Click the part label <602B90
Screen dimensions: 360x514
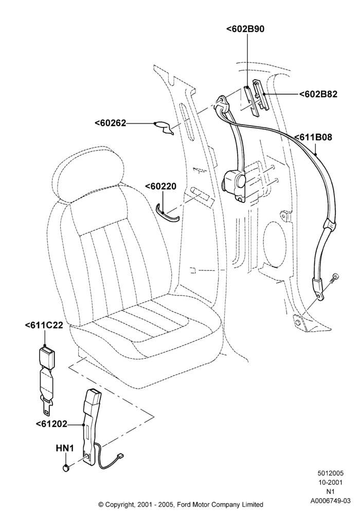[245, 29]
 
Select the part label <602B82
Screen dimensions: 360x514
[318, 94]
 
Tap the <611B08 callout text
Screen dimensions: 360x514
[313, 137]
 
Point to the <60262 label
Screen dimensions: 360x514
[111, 123]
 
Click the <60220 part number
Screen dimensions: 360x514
[160, 186]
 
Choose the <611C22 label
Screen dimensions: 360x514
[44, 325]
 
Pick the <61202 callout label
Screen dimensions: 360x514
[51, 424]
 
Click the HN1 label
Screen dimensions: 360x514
[65, 448]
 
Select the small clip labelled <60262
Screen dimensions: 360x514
[164, 128]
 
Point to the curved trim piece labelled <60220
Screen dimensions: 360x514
[167, 213]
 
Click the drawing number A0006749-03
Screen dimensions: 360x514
[330, 501]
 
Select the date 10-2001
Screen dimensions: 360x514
[330, 482]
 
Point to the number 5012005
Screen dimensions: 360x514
[330, 473]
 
